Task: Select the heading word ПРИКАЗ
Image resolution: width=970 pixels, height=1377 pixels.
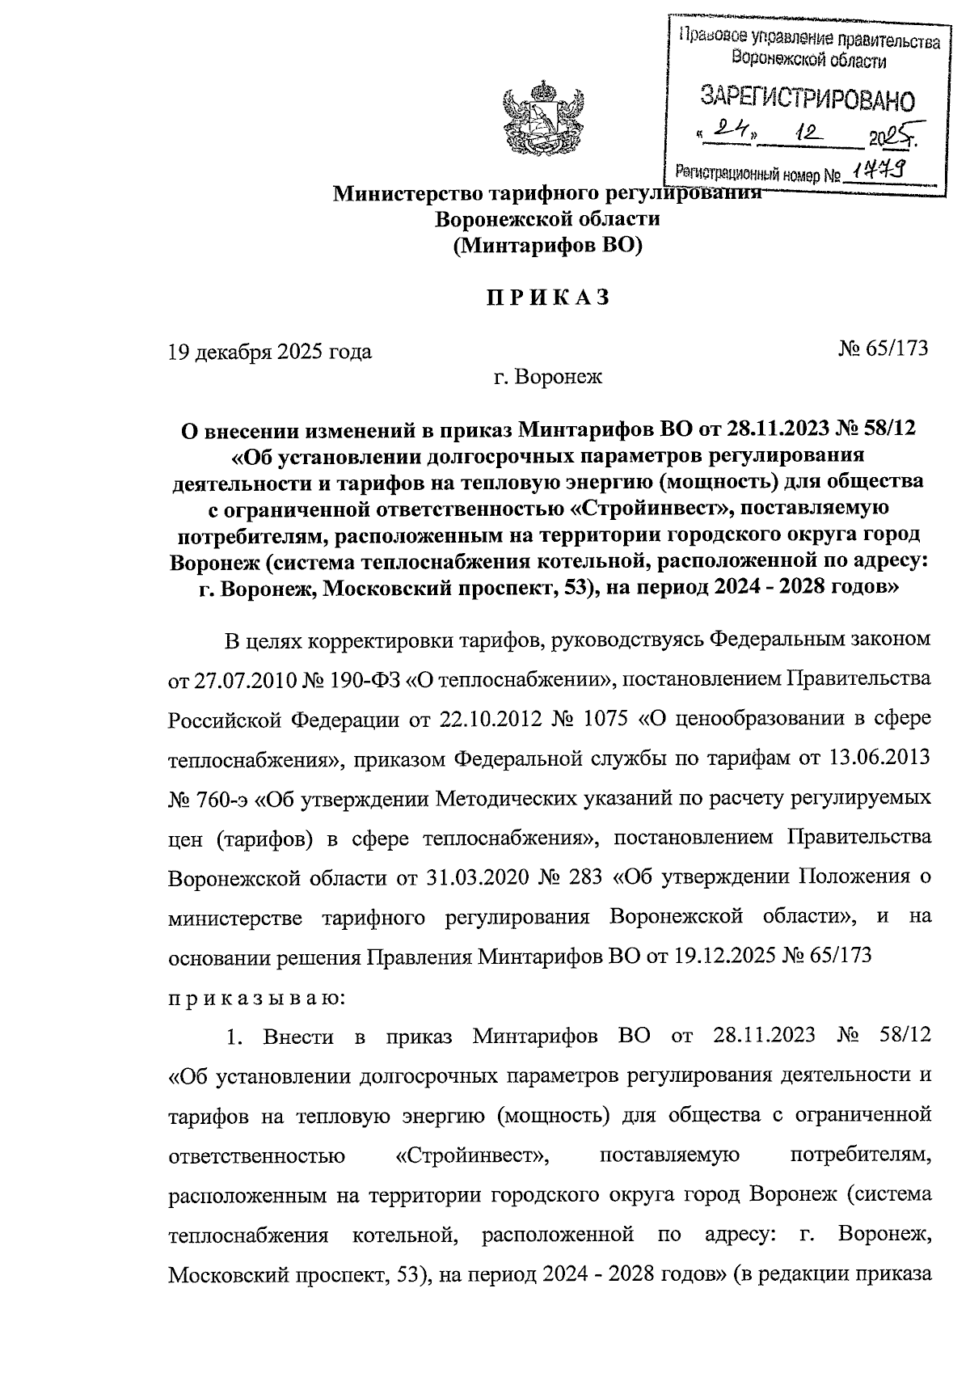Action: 546,298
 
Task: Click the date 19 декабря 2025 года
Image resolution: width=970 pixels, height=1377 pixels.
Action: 269,352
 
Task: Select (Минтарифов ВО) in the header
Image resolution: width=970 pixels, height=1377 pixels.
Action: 546,246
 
